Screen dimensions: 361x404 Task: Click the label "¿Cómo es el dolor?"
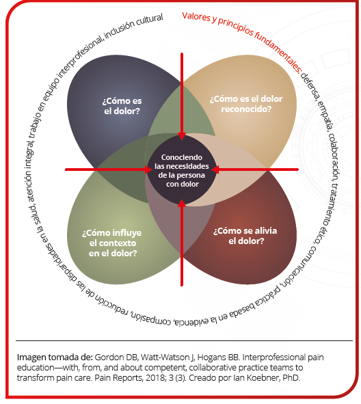tap(122, 106)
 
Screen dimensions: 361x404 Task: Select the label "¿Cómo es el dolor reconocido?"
tap(246, 104)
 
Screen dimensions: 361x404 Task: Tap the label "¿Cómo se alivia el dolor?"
tap(245, 236)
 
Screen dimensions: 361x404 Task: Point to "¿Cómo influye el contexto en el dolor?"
tap(112, 243)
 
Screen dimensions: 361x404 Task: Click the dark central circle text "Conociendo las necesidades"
tap(182, 161)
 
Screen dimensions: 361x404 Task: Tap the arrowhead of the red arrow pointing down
tap(182, 136)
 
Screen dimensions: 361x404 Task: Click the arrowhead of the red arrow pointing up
tap(182, 203)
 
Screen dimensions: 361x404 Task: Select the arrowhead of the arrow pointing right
tap(148, 170)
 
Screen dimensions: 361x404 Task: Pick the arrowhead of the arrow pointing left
tap(215, 170)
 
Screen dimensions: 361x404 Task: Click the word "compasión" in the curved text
tap(152, 317)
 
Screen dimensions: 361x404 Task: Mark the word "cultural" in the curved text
tap(150, 21)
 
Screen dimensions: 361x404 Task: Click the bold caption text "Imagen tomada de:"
tap(55, 358)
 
